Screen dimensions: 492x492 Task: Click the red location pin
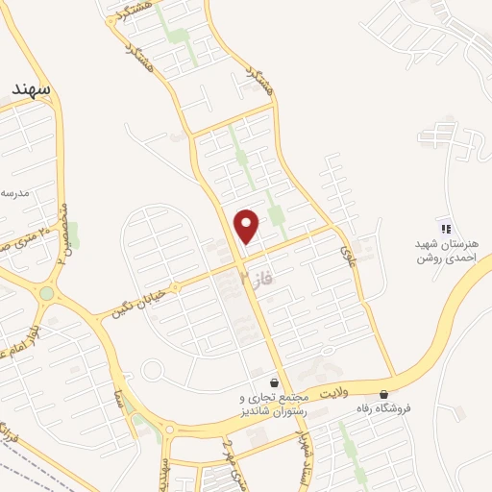click(x=248, y=225)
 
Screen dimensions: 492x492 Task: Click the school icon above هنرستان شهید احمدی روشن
click(x=445, y=228)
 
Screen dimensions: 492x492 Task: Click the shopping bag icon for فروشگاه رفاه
click(x=385, y=393)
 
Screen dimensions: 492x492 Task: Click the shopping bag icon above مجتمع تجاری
click(x=275, y=382)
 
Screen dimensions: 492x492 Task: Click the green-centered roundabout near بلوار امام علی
click(x=46, y=293)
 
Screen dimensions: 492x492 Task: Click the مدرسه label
click(x=15, y=193)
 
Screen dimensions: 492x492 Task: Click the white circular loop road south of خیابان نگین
click(x=151, y=370)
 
